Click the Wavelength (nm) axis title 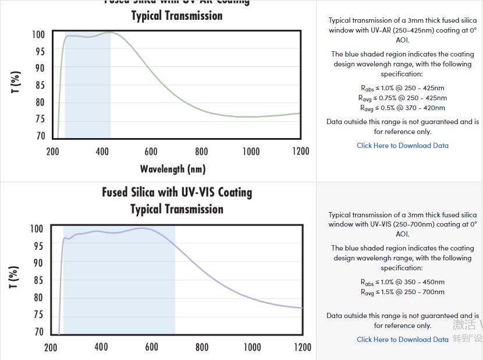173,169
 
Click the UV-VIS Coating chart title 177,200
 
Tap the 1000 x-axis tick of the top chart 251,151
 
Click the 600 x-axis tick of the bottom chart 151,347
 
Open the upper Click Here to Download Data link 402,146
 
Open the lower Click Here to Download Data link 402,340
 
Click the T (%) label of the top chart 16,82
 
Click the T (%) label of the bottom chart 15,277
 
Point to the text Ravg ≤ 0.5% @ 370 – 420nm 402,108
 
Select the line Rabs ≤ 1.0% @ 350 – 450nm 402,282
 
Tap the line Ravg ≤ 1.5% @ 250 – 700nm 402,292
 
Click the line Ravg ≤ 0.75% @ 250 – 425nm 402,98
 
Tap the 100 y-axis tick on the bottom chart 37,229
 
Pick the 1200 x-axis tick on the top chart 300,151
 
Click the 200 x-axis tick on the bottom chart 51,347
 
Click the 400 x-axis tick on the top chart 102,151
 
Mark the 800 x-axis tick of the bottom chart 202,347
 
